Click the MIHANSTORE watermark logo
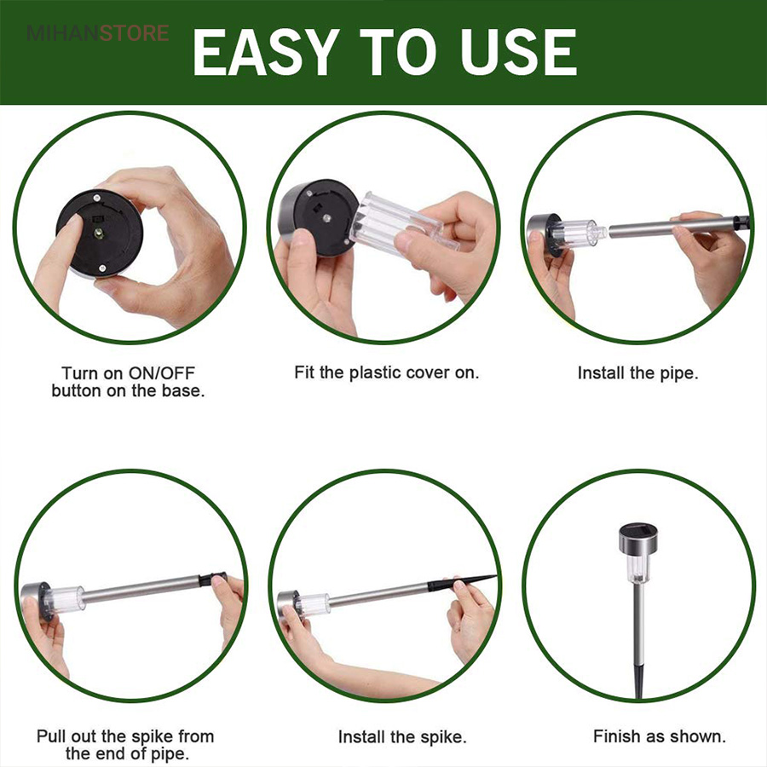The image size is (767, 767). [x=98, y=33]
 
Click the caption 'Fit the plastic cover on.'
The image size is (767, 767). [x=386, y=372]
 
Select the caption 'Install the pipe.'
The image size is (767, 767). [x=637, y=372]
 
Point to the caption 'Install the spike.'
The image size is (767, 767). [x=402, y=736]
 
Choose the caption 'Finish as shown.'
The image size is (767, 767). [x=660, y=736]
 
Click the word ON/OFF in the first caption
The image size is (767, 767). [x=161, y=373]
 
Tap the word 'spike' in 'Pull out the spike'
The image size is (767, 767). [x=153, y=736]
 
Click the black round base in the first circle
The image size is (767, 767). [x=100, y=234]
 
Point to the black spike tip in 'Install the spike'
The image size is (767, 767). [x=462, y=581]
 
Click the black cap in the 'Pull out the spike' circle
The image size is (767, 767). [x=212, y=579]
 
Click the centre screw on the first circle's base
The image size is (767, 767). [x=100, y=233]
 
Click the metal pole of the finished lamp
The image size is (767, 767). [x=639, y=621]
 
